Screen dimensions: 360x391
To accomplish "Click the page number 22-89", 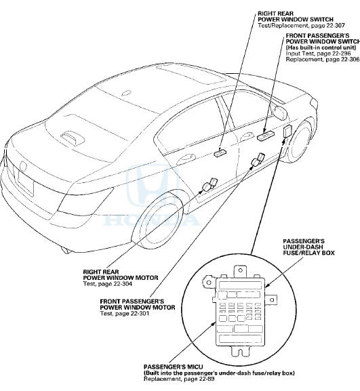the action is pyautogui.click(x=204, y=379).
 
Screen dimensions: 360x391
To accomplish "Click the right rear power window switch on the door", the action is pyautogui.click(x=220, y=152).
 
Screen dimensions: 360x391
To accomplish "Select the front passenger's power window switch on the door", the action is pyautogui.click(x=266, y=136).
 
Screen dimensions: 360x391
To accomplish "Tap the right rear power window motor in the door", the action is pyautogui.click(x=210, y=184).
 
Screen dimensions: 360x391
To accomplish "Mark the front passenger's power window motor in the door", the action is pyautogui.click(x=258, y=160).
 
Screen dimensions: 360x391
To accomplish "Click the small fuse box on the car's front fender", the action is pyautogui.click(x=287, y=131).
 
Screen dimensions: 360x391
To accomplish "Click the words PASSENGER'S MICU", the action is pyautogui.click(x=173, y=367).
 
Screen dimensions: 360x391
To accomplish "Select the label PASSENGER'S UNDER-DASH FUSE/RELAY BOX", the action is pyautogui.click(x=308, y=247).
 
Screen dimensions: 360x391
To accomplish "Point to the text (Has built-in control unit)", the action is pyautogui.click(x=321, y=47).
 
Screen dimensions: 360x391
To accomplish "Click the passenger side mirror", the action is pyautogui.click(x=280, y=112).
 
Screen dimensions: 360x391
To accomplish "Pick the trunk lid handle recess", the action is pyautogui.click(x=73, y=138).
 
